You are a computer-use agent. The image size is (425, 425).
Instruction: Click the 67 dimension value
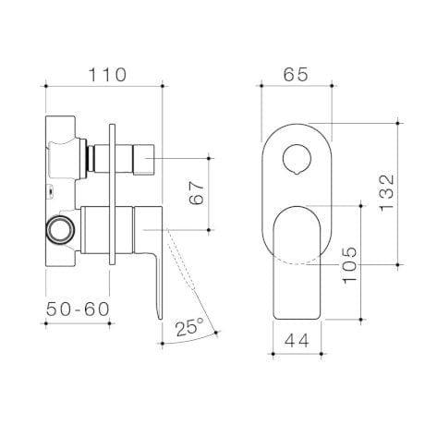tap(197, 195)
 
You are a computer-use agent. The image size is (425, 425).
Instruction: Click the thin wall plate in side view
tap(111, 194)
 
